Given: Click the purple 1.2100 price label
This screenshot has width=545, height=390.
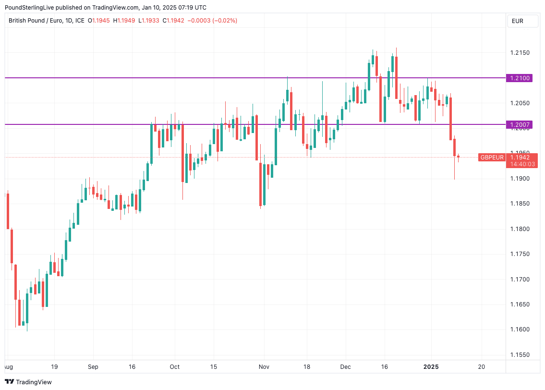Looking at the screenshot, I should pyautogui.click(x=520, y=78).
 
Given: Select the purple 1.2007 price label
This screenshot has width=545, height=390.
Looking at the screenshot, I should pyautogui.click(x=520, y=125).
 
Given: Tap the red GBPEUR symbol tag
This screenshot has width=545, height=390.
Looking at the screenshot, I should pyautogui.click(x=492, y=158).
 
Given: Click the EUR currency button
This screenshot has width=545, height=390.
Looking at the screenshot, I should pyautogui.click(x=518, y=21).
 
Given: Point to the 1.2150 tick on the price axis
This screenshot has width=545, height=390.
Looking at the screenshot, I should pyautogui.click(x=520, y=52).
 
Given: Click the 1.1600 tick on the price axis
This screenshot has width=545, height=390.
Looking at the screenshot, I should pyautogui.click(x=520, y=329).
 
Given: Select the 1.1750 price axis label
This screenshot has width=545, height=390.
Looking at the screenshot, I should pyautogui.click(x=520, y=254).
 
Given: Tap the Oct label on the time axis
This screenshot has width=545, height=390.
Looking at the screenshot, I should pyautogui.click(x=175, y=366).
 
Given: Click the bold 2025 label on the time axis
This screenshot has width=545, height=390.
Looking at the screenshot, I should pyautogui.click(x=431, y=366).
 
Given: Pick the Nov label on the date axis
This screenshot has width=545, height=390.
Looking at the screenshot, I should pyautogui.click(x=264, y=366).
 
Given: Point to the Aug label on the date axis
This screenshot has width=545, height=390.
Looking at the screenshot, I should pyautogui.click(x=8, y=366).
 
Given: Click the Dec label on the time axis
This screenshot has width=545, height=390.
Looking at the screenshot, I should pyautogui.click(x=346, y=366).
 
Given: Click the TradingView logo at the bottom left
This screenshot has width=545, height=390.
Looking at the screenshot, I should pyautogui.click(x=28, y=382).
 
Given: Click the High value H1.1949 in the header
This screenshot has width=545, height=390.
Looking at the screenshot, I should pyautogui.click(x=124, y=21).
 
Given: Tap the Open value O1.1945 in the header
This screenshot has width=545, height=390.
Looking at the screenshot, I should pyautogui.click(x=99, y=21).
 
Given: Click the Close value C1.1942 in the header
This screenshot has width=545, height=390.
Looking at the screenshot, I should pyautogui.click(x=173, y=21).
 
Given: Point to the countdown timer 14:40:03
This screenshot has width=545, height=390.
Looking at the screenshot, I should pyautogui.click(x=522, y=164).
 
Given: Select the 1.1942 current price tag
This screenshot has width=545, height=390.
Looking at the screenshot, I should pyautogui.click(x=520, y=158).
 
